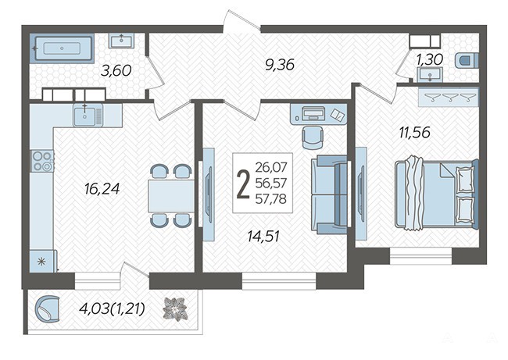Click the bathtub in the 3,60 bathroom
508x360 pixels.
[62, 48]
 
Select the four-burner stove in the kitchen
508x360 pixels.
[42, 161]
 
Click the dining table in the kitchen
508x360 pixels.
[170, 196]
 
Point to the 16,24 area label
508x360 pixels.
[102, 189]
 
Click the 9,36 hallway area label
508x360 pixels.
[279, 65]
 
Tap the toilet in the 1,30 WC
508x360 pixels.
[467, 61]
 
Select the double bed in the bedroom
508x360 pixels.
[437, 193]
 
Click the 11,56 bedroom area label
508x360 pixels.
[415, 133]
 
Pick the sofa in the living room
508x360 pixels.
[329, 194]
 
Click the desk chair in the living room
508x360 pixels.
[313, 137]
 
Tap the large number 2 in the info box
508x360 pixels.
[243, 184]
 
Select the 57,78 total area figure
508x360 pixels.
[271, 199]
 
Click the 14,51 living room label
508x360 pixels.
[263, 237]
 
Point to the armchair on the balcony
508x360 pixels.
[48, 309]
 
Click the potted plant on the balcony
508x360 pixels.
[175, 309]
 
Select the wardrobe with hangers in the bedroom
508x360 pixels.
[449, 97]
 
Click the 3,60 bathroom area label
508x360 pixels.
[116, 70]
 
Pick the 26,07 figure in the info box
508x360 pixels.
[271, 167]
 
